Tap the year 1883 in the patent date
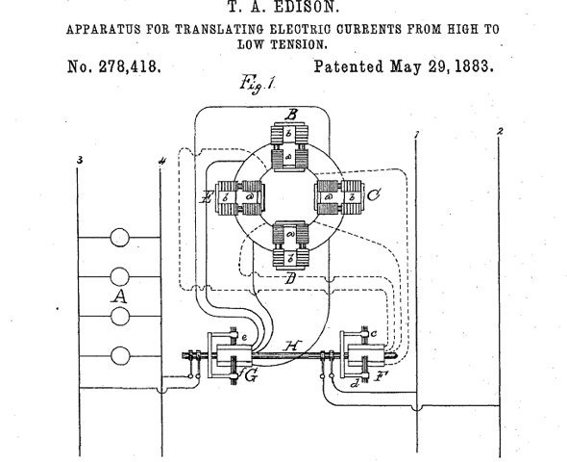click(470, 67)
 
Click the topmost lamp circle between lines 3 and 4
click(119, 237)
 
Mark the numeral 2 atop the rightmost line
click(500, 130)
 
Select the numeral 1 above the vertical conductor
click(415, 132)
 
